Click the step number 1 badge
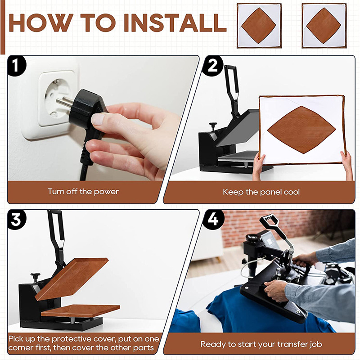(16, 66)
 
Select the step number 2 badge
(212, 66)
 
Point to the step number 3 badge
(16, 220)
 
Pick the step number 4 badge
(213, 220)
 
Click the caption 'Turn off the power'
(83, 192)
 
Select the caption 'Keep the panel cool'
(261, 192)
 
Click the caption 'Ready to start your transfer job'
(261, 344)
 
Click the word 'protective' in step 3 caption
(77, 339)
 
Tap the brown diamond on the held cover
(301, 130)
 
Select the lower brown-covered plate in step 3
(81, 310)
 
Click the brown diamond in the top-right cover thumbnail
(324, 26)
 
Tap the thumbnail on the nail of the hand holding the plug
(98, 119)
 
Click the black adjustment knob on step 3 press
(36, 276)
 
